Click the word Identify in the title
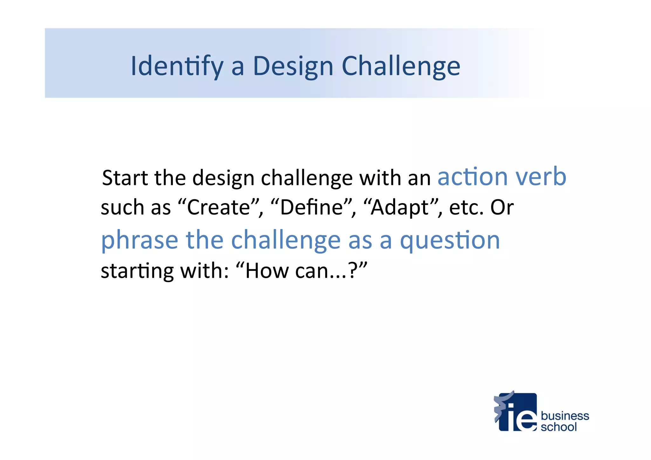click(x=177, y=66)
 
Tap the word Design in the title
click(x=293, y=66)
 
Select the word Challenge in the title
click(x=401, y=66)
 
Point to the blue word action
click(x=472, y=177)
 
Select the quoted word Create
click(x=218, y=208)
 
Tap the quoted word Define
click(x=311, y=208)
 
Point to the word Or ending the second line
click(x=502, y=208)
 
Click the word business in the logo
click(x=565, y=416)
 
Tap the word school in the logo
click(x=558, y=427)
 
